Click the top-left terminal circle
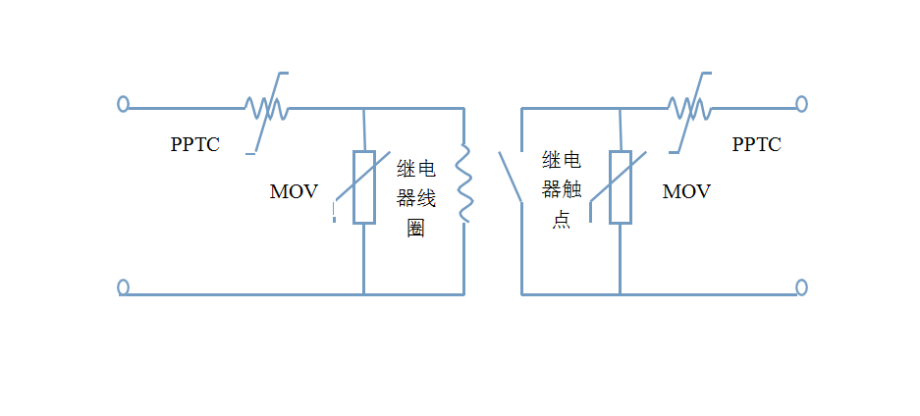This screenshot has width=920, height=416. (123, 103)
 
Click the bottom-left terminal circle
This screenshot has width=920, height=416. (123, 287)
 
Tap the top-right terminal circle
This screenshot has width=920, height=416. (801, 103)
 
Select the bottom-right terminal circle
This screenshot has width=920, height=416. (801, 287)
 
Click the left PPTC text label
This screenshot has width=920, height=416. (194, 145)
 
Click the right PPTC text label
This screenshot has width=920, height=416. (756, 145)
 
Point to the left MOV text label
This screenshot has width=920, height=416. (294, 192)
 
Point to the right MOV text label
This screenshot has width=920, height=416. (686, 192)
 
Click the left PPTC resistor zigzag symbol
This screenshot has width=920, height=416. (265, 108)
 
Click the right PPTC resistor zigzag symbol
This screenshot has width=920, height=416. (689, 106)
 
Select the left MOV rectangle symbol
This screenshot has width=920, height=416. (364, 187)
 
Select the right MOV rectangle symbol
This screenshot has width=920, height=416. (620, 187)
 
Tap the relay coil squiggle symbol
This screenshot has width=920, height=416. (463, 183)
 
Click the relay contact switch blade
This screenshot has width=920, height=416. (510, 177)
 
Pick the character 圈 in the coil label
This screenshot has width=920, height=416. (415, 230)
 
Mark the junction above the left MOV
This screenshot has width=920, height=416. (364, 108)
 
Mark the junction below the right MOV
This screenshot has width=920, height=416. (620, 293)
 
